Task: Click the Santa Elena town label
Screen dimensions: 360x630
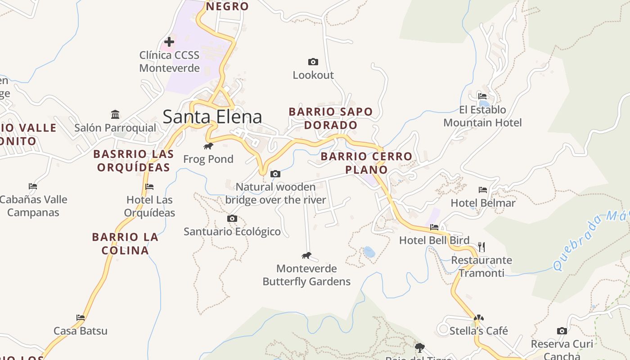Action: point(212,117)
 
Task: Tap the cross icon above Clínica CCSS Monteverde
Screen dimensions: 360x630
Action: point(169,42)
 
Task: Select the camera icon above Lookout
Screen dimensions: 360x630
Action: point(313,62)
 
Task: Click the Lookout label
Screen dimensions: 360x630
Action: point(313,75)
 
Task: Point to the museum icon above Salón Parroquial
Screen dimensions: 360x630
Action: point(115,114)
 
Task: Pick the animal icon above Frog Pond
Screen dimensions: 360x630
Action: point(208,146)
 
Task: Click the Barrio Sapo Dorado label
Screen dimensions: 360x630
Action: point(331,118)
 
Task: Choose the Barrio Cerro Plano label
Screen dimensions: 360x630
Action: point(366,162)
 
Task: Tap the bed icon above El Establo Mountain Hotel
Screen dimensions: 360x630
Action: point(482,96)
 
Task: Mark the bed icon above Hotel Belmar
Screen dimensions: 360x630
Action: point(483,189)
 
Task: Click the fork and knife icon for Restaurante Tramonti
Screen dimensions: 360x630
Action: point(481,247)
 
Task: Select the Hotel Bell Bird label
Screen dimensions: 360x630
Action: point(434,240)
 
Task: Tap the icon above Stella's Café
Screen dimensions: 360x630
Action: point(478,318)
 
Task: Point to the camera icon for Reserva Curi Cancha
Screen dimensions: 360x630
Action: point(562,331)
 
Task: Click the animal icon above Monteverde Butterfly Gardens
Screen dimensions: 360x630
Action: point(306,256)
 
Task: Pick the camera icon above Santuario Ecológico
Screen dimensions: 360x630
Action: point(232,218)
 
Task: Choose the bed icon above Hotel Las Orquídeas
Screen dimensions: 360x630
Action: point(149,186)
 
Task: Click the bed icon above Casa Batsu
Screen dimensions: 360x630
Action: point(81,317)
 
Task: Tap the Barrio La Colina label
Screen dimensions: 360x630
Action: point(125,243)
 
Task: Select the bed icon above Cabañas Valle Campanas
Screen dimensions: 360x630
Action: point(33,186)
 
